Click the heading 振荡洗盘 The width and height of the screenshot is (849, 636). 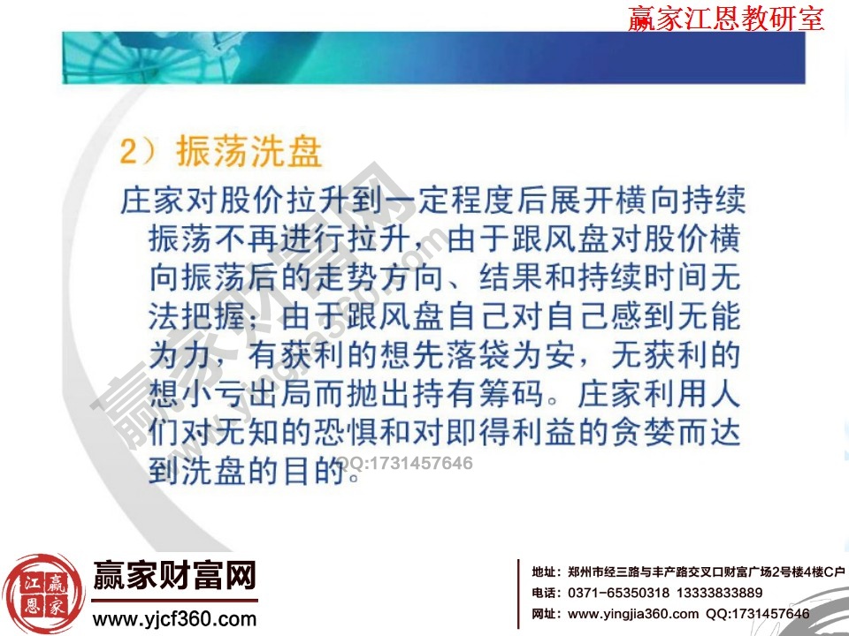[249, 152]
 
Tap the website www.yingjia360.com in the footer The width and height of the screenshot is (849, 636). [632, 614]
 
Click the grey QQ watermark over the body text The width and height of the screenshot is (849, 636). [412, 463]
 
